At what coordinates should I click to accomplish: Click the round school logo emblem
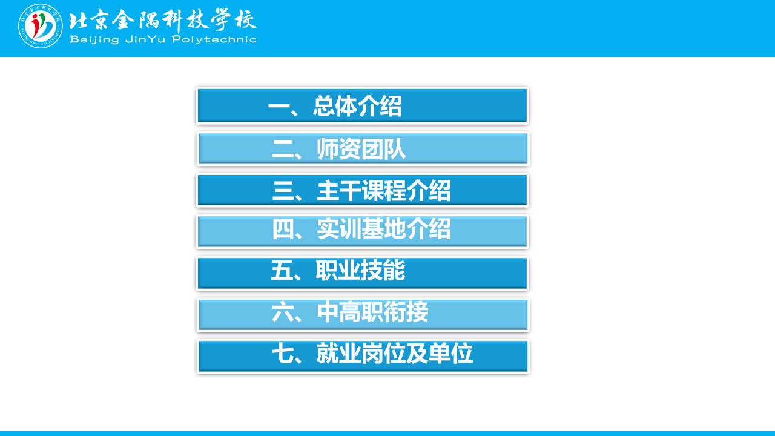41,26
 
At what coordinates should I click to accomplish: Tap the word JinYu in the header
146,39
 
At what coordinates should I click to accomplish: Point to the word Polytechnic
214,39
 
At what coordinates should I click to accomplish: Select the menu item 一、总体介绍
362,106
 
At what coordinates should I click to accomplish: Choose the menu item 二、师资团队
362,149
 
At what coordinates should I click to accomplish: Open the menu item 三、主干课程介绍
362,190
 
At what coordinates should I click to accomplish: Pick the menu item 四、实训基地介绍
362,231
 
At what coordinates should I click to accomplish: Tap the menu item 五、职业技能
362,273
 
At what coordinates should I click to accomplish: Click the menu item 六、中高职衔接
362,314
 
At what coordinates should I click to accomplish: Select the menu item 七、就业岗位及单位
362,356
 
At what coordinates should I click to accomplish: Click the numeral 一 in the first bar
279,106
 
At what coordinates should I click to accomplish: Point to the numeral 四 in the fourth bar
283,229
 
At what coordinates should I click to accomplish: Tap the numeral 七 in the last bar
283,353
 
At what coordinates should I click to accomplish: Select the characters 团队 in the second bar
383,149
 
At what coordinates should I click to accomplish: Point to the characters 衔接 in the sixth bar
406,312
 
